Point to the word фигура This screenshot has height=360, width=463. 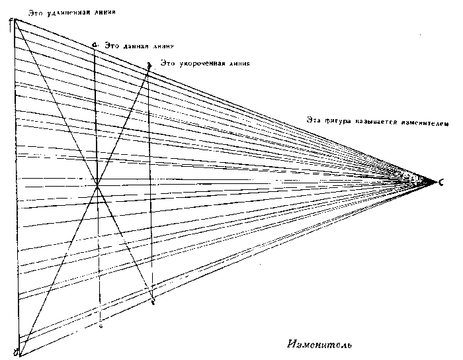341,120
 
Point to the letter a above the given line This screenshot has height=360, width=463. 95,44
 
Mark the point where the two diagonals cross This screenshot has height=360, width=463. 98,185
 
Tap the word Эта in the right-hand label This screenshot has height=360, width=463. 314,120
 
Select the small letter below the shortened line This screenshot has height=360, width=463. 153,302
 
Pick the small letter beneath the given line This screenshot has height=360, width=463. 100,326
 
